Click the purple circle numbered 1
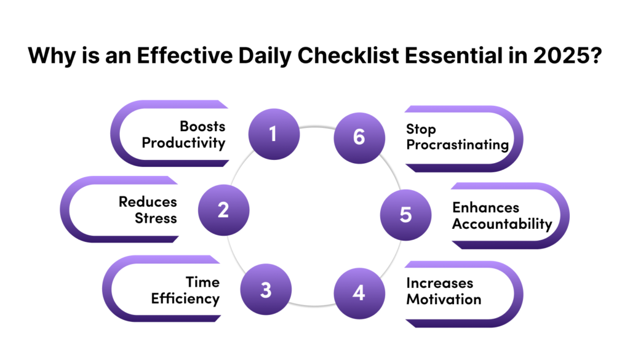pyautogui.click(x=274, y=134)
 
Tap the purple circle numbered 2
pyautogui.click(x=224, y=210)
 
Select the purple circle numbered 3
pyautogui.click(x=266, y=289)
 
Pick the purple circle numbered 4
pyautogui.click(x=359, y=294)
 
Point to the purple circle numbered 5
pyautogui.click(x=406, y=215)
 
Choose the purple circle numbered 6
pyautogui.click(x=359, y=138)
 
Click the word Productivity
pyautogui.click(x=183, y=143)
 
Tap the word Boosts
pyautogui.click(x=202, y=126)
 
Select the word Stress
pyautogui.click(x=156, y=218)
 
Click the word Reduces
pyautogui.click(x=148, y=202)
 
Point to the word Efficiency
pyautogui.click(x=185, y=299)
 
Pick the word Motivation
pyautogui.click(x=444, y=299)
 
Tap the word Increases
pyautogui.click(x=439, y=283)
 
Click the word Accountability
pyautogui.click(x=502, y=224)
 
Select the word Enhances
pyautogui.click(x=486, y=207)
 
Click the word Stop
pyautogui.click(x=421, y=129)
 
